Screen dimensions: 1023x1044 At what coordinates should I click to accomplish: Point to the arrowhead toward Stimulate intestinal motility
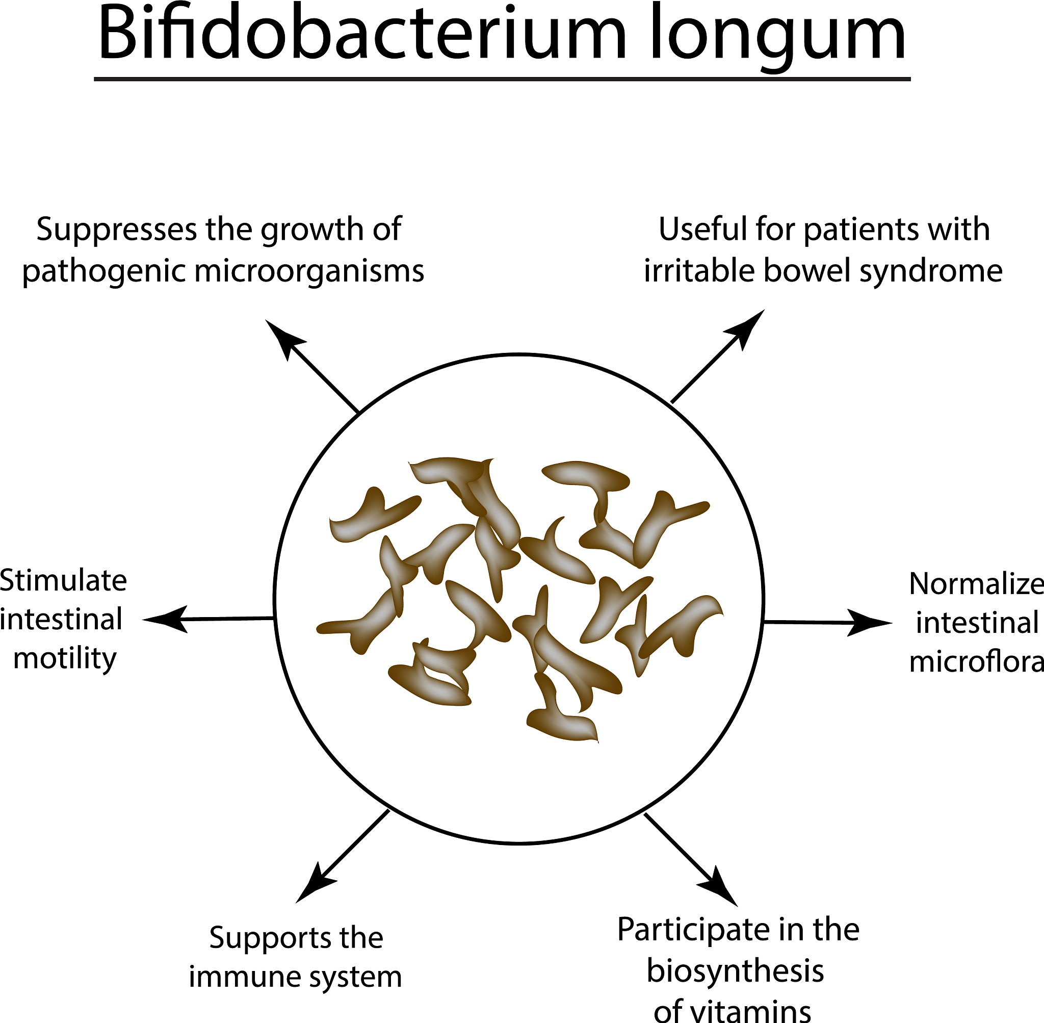164,620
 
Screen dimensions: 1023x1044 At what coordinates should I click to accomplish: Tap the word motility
64,659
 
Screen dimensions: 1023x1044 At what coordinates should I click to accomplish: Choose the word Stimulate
63,581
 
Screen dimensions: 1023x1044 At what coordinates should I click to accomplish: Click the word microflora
976,661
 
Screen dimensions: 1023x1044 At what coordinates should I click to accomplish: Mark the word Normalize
976,583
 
